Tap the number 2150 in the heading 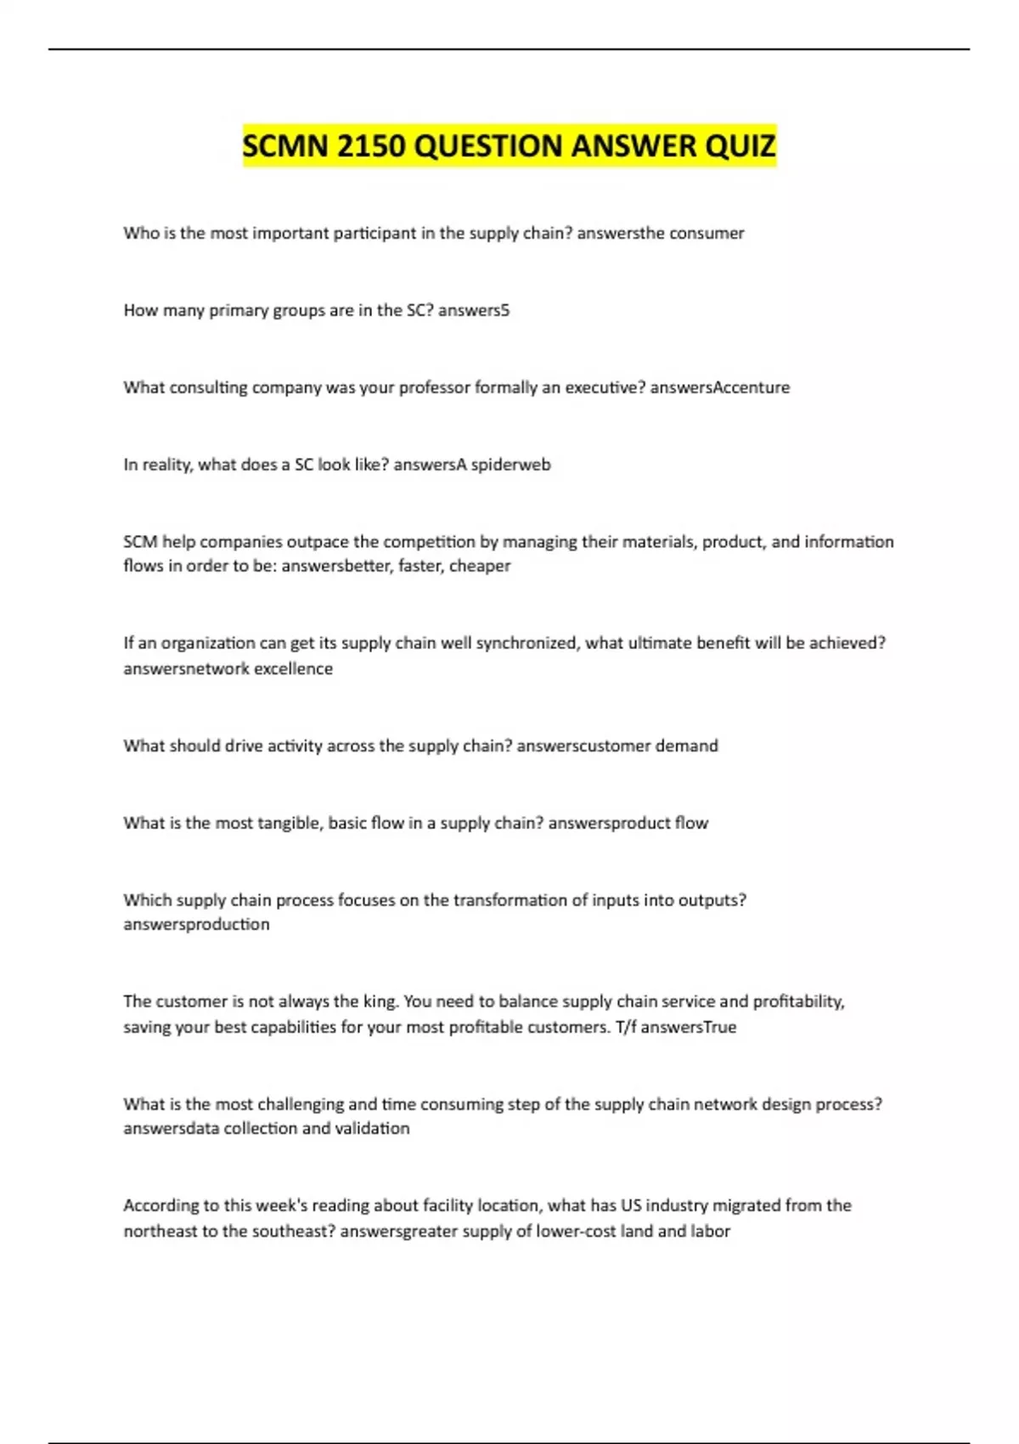pyautogui.click(x=370, y=146)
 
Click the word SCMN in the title pyautogui.click(x=285, y=146)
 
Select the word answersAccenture pyautogui.click(x=719, y=387)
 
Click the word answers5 pyautogui.click(x=474, y=310)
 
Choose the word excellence pyautogui.click(x=293, y=668)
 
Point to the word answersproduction pyautogui.click(x=196, y=924)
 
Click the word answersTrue pyautogui.click(x=688, y=1027)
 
